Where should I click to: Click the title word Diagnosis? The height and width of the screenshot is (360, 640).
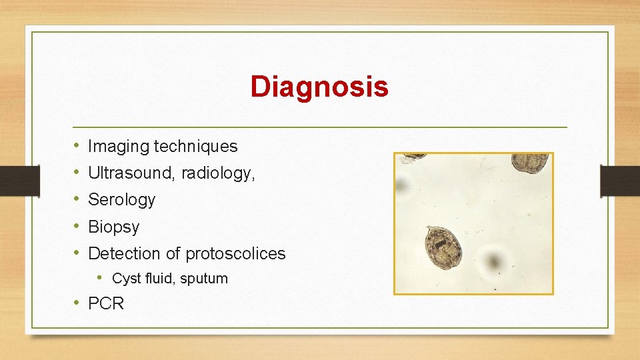319,87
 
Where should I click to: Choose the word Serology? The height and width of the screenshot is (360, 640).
121,199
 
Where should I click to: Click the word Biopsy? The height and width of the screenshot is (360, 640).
113,227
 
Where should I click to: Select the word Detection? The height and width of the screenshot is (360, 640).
125,253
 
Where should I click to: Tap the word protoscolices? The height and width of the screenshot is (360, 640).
235,253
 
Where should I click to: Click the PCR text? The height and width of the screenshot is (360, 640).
106,303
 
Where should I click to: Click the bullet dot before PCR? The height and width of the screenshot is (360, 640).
77,303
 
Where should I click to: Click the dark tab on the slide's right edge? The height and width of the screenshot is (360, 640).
619,181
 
